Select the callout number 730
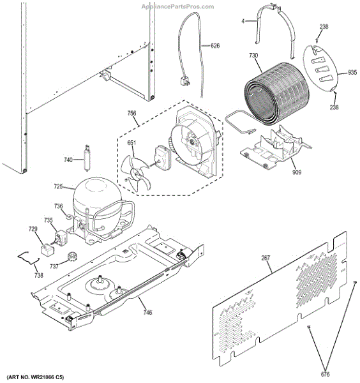(x=253, y=56)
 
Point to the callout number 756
(x=131, y=114)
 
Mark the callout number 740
(x=68, y=160)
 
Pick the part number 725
(x=58, y=186)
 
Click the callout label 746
(x=147, y=312)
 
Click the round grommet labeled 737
(x=73, y=257)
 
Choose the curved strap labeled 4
(x=276, y=26)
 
